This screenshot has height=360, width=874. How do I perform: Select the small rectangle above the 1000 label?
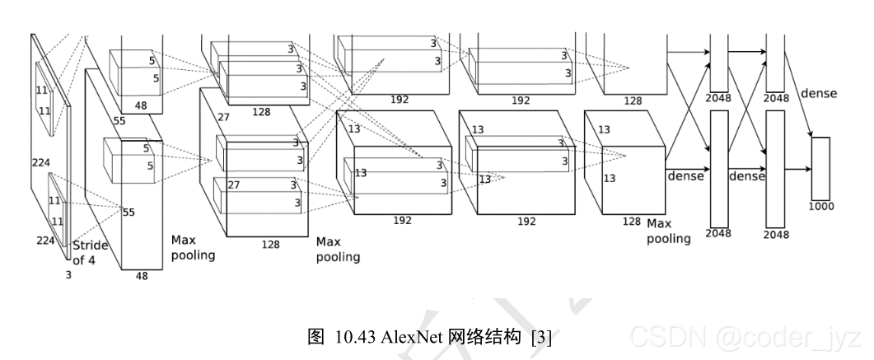point(820,168)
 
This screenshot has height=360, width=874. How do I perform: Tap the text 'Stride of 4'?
point(90,254)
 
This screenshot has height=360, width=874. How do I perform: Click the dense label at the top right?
point(818,93)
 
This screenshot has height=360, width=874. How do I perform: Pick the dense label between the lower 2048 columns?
point(747,176)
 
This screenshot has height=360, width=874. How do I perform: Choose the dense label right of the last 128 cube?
point(685,176)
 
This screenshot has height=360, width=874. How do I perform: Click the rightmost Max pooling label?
point(669,231)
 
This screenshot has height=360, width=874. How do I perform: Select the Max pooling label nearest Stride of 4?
point(193,247)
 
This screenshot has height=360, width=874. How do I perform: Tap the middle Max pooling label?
point(338,250)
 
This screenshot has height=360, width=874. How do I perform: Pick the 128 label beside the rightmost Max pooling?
point(632,222)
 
